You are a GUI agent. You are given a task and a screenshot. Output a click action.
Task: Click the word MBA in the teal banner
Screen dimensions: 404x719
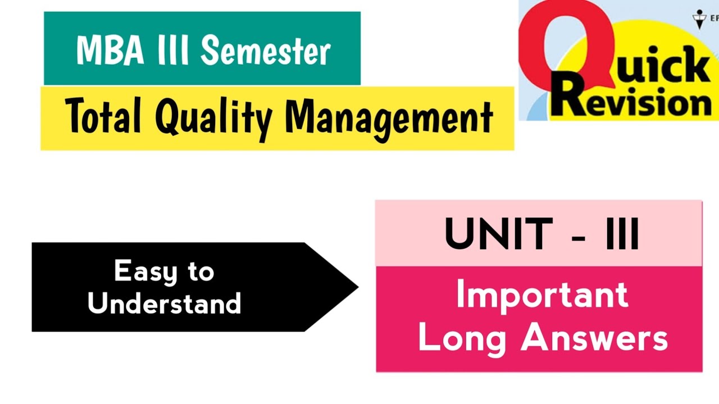coord(104,50)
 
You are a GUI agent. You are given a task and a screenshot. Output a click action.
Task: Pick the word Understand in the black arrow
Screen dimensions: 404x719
coord(164,304)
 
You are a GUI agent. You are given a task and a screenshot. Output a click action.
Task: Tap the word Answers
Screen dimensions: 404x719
coord(595,338)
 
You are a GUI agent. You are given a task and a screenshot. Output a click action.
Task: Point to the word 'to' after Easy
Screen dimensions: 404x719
coord(201,272)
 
